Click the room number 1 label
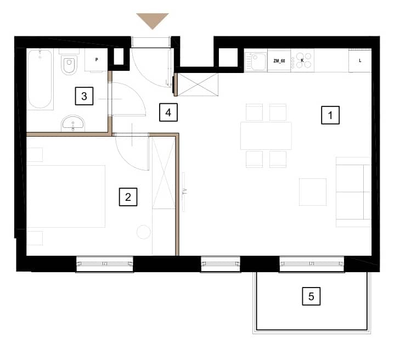click(x=330, y=115)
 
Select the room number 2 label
click(x=128, y=197)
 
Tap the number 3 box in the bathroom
click(x=84, y=96)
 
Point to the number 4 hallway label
click(x=168, y=113)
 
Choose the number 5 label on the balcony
click(x=311, y=296)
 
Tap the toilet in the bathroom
click(x=69, y=64)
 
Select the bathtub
click(x=40, y=79)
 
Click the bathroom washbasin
click(x=73, y=123)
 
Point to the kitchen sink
click(x=256, y=61)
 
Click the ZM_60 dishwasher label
click(x=279, y=61)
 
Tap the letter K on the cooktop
click(x=302, y=60)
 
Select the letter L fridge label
click(x=360, y=60)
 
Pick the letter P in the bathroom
click(x=97, y=59)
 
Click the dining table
click(x=266, y=136)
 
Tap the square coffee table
click(x=313, y=192)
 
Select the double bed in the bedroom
click(x=66, y=196)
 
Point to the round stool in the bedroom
click(x=144, y=232)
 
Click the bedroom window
click(x=105, y=264)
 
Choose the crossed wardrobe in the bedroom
click(x=164, y=173)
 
